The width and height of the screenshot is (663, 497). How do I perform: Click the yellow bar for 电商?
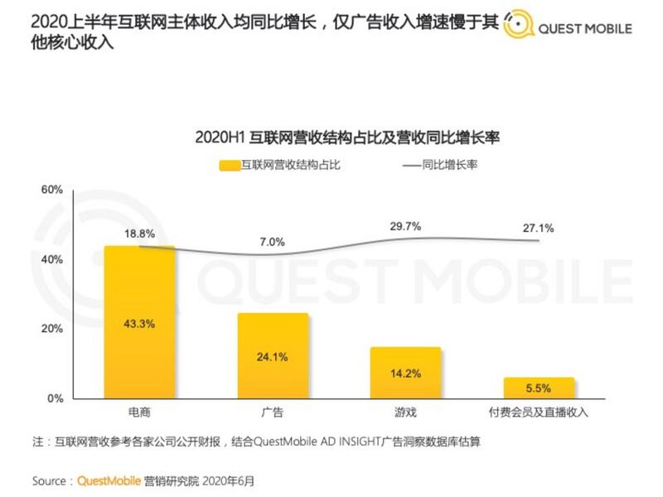click(139, 322)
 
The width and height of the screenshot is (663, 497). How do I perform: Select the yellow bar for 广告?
click(273, 356)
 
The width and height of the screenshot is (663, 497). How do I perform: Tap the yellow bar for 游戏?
click(405, 373)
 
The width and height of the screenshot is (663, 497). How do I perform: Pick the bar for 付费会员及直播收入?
click(538, 388)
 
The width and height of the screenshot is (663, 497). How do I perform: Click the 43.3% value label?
click(139, 324)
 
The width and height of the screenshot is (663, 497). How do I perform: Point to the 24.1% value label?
click(273, 358)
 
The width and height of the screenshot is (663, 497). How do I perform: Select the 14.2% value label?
click(405, 374)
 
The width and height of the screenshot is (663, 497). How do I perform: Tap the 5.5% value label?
click(538, 388)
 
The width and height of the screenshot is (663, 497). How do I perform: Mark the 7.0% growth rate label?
click(273, 242)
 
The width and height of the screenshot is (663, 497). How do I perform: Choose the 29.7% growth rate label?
click(405, 226)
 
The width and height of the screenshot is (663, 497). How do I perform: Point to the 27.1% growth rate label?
click(538, 228)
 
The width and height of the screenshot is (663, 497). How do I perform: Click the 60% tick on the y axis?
click(51, 190)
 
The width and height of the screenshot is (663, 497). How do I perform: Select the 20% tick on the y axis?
click(51, 329)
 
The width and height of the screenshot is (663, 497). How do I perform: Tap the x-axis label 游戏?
click(405, 412)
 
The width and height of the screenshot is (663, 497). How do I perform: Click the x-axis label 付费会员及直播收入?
click(538, 412)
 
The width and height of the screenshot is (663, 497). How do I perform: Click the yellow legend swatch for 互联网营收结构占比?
click(230, 165)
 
